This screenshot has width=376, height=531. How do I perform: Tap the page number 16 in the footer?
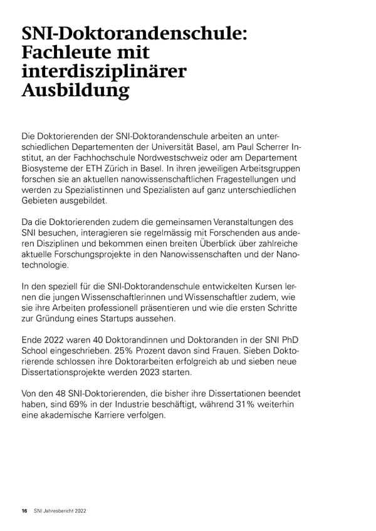24,512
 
